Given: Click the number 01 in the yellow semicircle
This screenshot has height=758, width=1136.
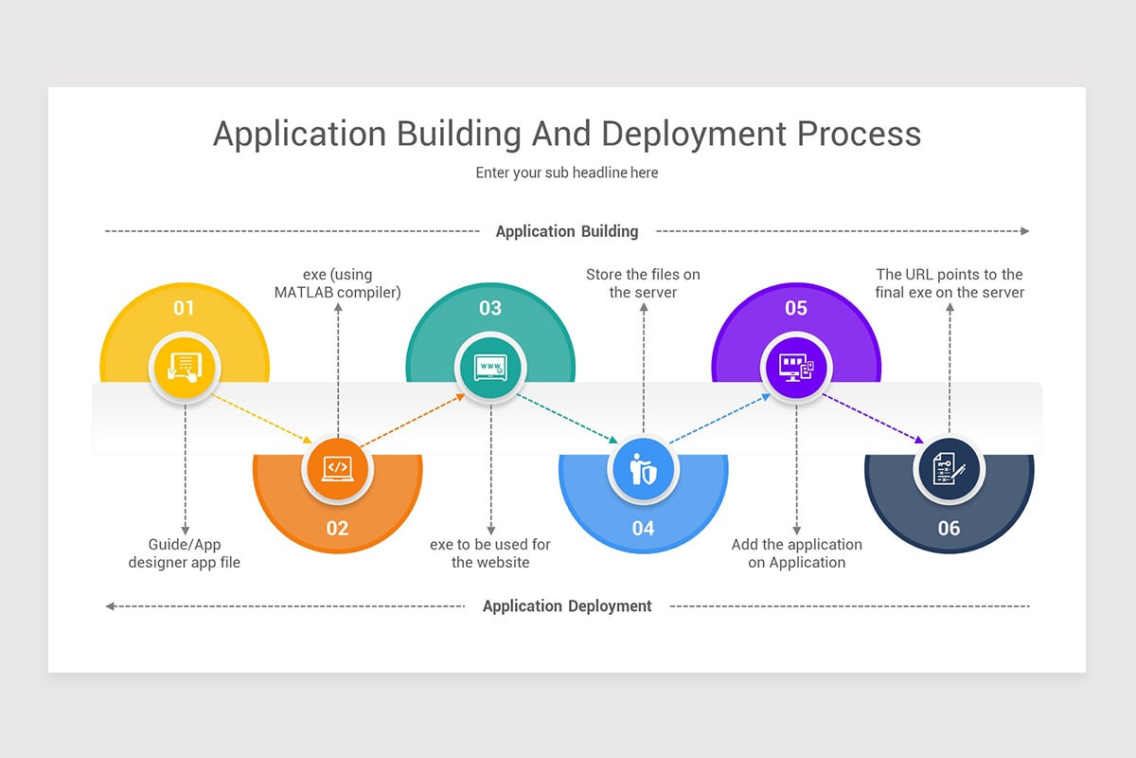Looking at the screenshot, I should click(x=184, y=308).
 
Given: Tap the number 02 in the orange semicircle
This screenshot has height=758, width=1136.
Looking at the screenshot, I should click(x=337, y=529).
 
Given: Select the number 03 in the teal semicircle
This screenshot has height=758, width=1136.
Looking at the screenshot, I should click(x=490, y=308).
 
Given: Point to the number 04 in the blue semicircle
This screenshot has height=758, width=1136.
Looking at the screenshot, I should click(x=643, y=529).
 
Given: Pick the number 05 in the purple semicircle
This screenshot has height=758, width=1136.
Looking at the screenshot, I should click(x=796, y=308).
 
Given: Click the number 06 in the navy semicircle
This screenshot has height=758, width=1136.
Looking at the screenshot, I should click(x=949, y=529).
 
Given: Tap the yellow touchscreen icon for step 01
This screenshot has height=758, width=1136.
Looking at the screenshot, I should click(x=185, y=366).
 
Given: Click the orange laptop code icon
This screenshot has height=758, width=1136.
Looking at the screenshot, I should click(x=337, y=468).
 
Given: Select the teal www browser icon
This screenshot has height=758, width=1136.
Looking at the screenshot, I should click(x=490, y=366).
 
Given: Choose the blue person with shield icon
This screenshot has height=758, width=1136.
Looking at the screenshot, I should click(x=643, y=468).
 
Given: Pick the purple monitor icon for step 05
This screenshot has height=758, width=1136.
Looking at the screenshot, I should click(x=796, y=366).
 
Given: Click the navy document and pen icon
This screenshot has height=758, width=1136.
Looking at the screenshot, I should click(x=950, y=468).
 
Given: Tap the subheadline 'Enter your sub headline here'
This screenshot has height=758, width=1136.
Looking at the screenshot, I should click(x=567, y=173).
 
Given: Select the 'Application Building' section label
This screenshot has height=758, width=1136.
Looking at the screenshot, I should click(x=567, y=231).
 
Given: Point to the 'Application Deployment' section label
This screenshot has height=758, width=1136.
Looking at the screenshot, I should click(x=567, y=606).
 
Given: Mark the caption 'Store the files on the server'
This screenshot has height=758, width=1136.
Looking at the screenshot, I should click(x=643, y=283).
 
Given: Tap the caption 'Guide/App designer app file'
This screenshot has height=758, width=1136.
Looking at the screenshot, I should click(x=185, y=553).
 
